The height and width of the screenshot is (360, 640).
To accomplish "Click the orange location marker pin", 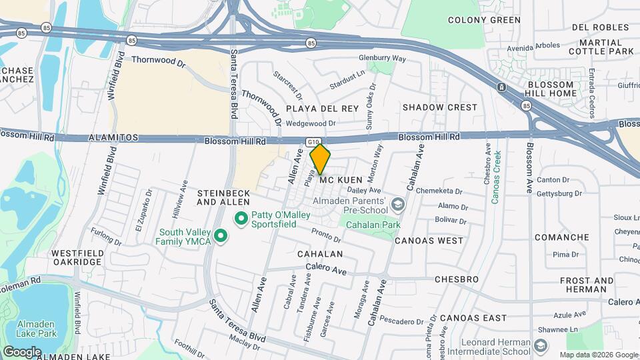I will (321, 159).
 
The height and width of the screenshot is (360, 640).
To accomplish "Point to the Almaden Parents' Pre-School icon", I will (398, 204).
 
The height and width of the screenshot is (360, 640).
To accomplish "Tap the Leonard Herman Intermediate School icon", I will (540, 345).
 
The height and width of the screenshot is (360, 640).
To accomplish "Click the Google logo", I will (22, 351).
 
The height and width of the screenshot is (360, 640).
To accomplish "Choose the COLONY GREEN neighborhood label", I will (484, 20).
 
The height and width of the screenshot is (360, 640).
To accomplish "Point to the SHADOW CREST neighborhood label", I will (440, 107).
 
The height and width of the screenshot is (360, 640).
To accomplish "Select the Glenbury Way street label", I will (383, 59).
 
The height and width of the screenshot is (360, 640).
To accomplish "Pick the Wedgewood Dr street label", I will (310, 123).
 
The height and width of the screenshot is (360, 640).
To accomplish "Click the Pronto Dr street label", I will (326, 235).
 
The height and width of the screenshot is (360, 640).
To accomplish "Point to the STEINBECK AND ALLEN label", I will (223, 197).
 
